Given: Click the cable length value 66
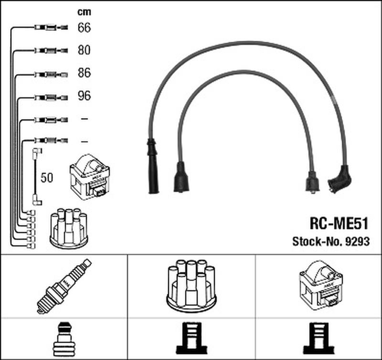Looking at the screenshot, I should tap(84, 28).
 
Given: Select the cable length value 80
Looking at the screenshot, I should tap(84, 50).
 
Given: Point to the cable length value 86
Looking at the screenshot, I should tap(84, 73).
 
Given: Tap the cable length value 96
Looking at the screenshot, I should tap(84, 96).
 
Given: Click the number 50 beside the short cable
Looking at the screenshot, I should tap(47, 178).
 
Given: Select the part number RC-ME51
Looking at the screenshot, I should tap(337, 223).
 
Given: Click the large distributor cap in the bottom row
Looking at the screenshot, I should tap(191, 285).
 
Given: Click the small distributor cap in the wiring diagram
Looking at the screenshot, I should tap(68, 228).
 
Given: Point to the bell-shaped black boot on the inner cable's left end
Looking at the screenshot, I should tap(180, 177).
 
